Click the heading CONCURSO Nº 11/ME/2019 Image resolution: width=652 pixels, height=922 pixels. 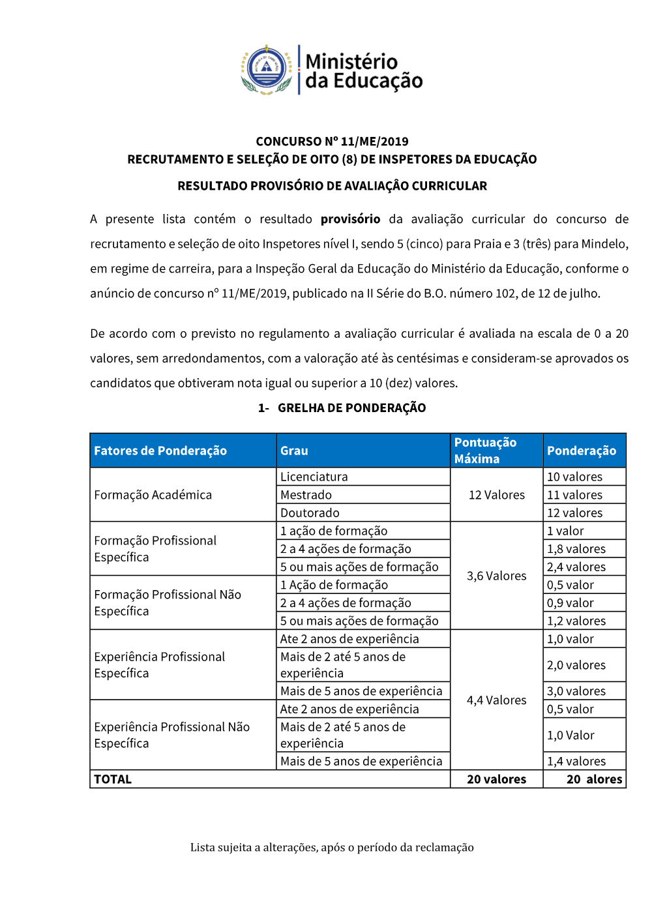click(332, 141)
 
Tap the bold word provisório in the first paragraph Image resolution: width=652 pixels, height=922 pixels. click(350, 219)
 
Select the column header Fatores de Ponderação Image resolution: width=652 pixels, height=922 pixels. click(160, 451)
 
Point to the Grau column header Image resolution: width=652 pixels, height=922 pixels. click(294, 451)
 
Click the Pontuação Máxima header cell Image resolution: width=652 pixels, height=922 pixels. click(486, 451)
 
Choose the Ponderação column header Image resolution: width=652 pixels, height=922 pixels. click(582, 451)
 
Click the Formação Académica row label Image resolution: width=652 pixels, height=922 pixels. click(153, 495)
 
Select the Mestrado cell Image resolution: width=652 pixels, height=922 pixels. click(306, 495)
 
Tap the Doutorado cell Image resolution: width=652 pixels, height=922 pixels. click(310, 513)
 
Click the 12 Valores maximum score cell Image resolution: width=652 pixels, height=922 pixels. click(497, 495)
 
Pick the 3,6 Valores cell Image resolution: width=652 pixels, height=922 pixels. click(497, 576)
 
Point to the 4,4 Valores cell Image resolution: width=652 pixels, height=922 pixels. click(497, 700)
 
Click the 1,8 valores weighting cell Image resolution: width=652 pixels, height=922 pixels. click(576, 549)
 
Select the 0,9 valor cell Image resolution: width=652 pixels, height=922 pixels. click(570, 603)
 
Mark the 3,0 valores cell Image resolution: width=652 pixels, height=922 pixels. click(576, 691)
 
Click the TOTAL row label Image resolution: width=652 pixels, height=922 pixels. click(113, 779)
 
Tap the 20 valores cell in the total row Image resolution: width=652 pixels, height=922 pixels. click(497, 779)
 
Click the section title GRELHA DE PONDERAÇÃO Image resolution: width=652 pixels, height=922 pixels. click(351, 408)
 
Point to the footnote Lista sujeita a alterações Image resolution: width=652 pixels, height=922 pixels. click(332, 848)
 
